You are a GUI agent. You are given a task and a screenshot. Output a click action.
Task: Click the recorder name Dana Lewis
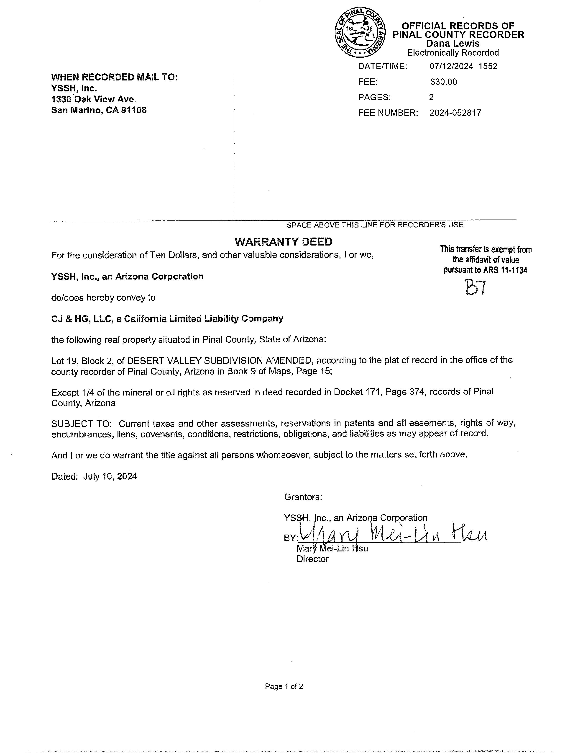point(453,44)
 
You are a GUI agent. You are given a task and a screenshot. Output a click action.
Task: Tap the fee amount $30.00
point(443,82)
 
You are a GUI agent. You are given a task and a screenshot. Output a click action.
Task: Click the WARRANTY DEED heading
point(283,242)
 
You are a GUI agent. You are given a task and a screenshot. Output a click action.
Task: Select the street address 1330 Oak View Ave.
point(94,100)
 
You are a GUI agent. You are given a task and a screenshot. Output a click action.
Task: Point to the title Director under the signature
point(312,559)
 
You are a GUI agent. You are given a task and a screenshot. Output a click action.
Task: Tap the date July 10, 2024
point(110,476)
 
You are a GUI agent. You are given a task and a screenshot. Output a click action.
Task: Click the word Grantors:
point(303,497)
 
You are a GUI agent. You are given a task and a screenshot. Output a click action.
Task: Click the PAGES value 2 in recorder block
point(431,98)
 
